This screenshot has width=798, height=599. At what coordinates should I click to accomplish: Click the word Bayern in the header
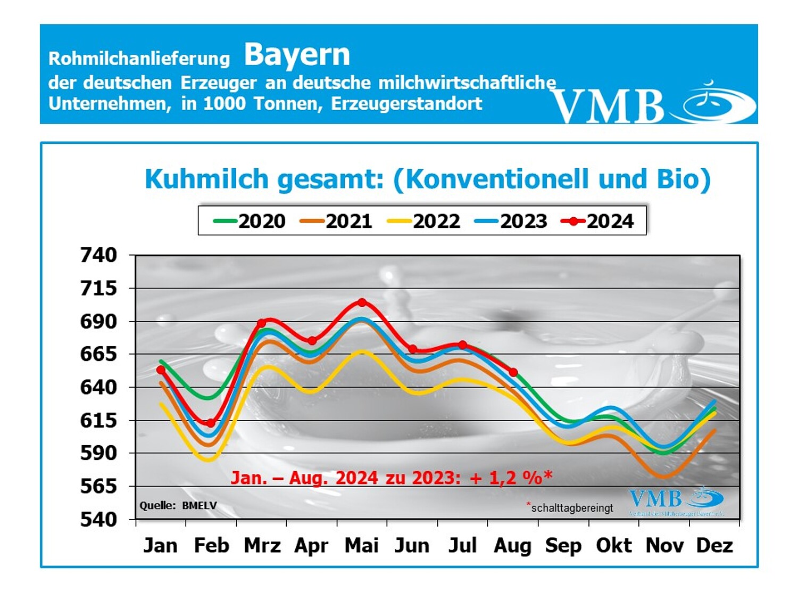(x=297, y=55)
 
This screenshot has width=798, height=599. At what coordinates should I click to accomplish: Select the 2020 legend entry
(x=250, y=220)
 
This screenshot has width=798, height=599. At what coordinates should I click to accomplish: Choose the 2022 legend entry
(x=424, y=220)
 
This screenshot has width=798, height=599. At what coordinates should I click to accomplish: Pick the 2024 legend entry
(x=598, y=220)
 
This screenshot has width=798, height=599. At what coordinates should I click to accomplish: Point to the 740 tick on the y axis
(x=98, y=255)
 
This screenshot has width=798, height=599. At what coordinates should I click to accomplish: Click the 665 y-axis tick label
(x=98, y=354)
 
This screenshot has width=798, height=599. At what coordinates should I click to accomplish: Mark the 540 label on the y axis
(x=98, y=519)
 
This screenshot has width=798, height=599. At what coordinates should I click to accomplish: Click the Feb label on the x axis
(x=211, y=546)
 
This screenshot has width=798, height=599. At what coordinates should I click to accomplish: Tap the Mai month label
(x=362, y=546)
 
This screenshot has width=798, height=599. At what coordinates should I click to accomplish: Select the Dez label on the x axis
(x=714, y=546)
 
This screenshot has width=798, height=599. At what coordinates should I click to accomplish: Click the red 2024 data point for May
(x=362, y=302)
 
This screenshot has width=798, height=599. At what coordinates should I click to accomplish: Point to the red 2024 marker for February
(x=211, y=423)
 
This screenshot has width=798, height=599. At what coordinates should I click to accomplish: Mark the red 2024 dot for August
(x=513, y=372)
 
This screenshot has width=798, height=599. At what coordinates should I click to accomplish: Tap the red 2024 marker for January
(x=161, y=370)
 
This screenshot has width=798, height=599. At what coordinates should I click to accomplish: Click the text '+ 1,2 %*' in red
(x=511, y=478)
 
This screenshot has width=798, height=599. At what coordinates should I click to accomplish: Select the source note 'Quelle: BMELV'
(x=178, y=505)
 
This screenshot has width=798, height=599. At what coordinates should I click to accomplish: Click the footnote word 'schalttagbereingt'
(x=572, y=508)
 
